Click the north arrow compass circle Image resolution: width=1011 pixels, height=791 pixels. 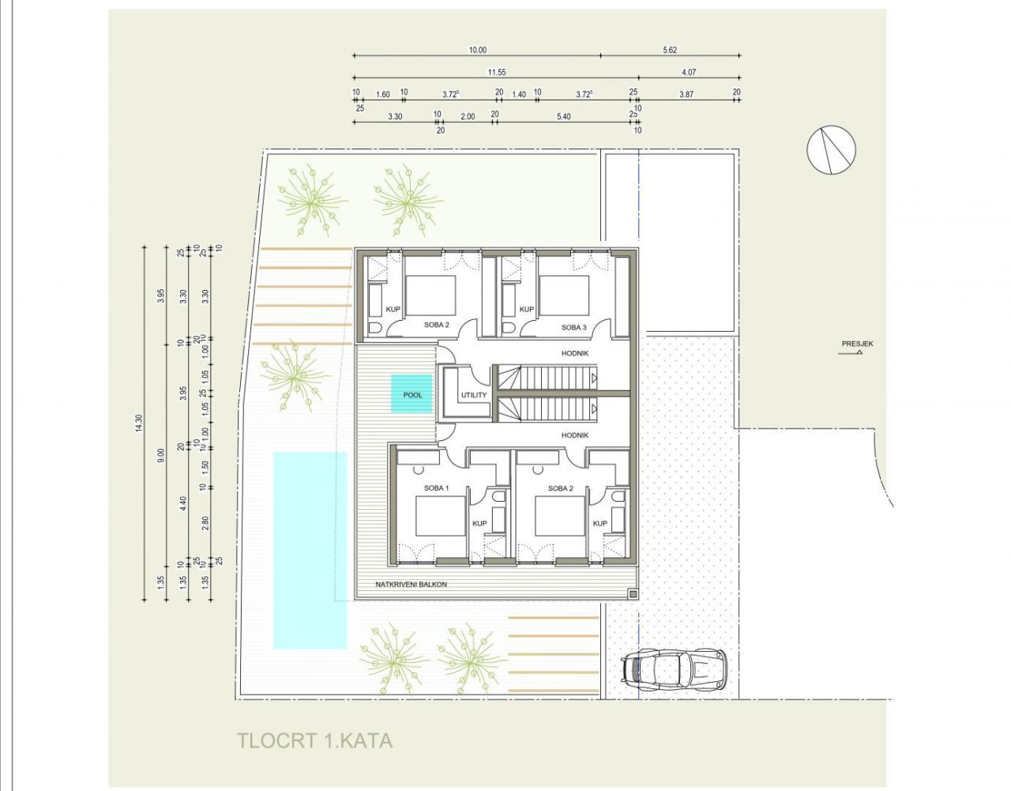click(832, 149)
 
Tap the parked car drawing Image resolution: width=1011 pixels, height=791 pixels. click(673, 669)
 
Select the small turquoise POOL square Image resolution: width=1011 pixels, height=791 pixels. click(412, 394)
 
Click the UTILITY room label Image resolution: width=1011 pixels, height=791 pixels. click(474, 395)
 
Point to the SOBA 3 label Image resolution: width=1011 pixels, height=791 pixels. click(574, 327)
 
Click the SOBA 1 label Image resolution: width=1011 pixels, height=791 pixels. click(436, 488)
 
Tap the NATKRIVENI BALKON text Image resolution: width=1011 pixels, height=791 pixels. click(412, 585)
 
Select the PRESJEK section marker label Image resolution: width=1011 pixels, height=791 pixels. click(857, 344)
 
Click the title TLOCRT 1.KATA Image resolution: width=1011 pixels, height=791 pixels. click(314, 740)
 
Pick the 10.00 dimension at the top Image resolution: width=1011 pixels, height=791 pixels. click(477, 50)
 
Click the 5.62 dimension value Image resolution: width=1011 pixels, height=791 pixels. click(669, 50)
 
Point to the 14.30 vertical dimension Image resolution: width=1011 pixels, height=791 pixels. click(140, 424)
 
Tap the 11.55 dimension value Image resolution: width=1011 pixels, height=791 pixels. click(496, 72)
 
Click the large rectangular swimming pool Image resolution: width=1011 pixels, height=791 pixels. click(310, 549)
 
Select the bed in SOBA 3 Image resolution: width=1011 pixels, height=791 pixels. click(564, 294)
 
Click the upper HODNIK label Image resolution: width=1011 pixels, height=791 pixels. click(574, 354)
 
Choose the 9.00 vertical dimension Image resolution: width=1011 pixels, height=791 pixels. click(161, 455)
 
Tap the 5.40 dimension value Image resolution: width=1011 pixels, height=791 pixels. click(563, 116)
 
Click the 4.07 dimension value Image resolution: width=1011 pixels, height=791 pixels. click(687, 72)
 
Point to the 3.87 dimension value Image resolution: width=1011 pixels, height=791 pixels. click(686, 94)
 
